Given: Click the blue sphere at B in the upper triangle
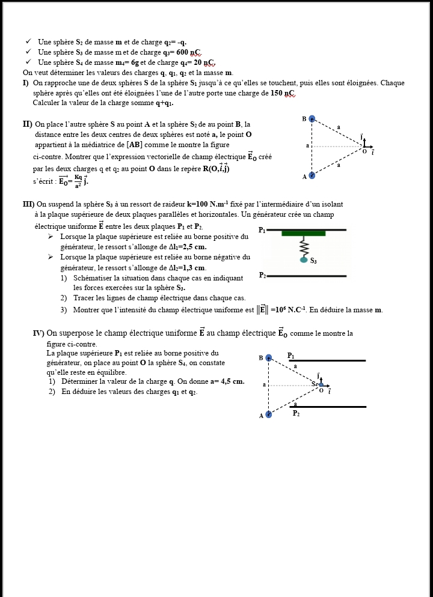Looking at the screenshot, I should click(x=312, y=119).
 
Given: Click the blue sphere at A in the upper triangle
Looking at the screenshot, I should click(x=312, y=175).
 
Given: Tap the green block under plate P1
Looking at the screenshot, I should click(x=303, y=233).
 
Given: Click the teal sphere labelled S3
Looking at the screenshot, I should click(x=304, y=259).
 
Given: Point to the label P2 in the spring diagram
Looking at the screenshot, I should click(x=262, y=275).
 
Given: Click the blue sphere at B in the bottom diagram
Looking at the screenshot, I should click(x=269, y=358).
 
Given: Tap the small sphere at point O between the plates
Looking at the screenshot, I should click(x=321, y=384).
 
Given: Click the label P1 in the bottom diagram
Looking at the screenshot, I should click(x=291, y=355).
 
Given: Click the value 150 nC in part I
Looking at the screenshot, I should click(x=282, y=93).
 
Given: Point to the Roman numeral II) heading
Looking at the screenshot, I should click(x=27, y=124).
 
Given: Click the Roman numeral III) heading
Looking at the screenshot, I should click(x=28, y=204).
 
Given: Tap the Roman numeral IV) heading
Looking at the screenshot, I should click(x=38, y=333).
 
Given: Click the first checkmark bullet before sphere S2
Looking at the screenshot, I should click(x=28, y=41).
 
